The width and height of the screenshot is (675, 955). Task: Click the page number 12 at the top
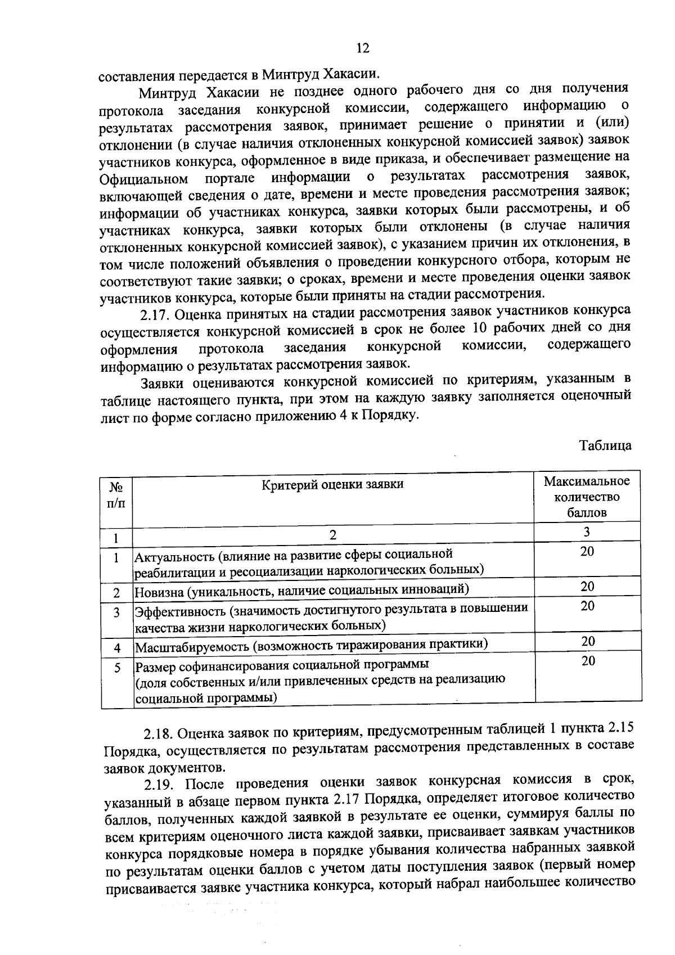[x=362, y=48]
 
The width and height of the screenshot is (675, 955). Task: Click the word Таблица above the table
[x=605, y=445]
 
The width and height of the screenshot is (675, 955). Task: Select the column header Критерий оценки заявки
[x=332, y=484]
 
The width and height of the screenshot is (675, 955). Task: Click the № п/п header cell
[x=116, y=493]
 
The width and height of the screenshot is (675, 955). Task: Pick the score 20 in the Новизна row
[x=587, y=587]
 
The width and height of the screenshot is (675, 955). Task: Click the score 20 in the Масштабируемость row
[x=588, y=641]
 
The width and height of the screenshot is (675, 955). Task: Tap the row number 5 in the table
[x=117, y=668]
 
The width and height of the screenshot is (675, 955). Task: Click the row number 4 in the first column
[x=117, y=647]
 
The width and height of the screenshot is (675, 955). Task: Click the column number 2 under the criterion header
[x=332, y=535]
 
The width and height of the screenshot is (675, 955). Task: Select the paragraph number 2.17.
[x=157, y=313]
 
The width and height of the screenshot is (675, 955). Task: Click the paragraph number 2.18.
[x=161, y=733]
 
